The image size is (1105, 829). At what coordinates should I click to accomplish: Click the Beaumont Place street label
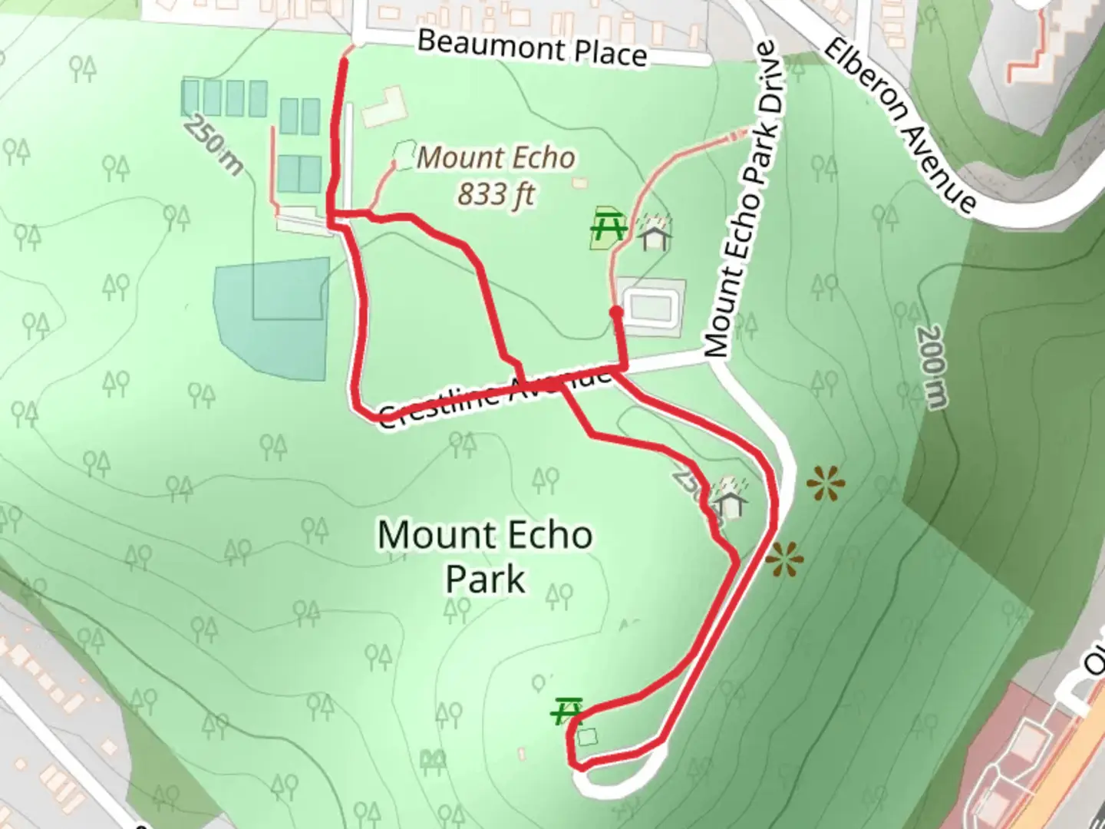click(532, 48)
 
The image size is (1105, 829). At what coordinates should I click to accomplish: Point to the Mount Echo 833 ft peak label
click(496, 176)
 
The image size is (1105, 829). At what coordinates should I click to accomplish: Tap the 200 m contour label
click(932, 367)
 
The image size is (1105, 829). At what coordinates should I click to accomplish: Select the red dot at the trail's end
click(616, 312)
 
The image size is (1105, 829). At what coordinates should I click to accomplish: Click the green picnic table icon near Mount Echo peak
click(609, 226)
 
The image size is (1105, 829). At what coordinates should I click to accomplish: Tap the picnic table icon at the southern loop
click(568, 711)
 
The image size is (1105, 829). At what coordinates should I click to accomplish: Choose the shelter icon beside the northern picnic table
click(654, 233)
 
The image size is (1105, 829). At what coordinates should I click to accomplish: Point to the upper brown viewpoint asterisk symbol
click(826, 484)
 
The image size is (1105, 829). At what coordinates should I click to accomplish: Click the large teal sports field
click(272, 319)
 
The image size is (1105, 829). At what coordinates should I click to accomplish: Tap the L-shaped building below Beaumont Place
click(383, 108)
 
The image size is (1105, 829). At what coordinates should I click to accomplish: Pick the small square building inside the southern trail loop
click(588, 737)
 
